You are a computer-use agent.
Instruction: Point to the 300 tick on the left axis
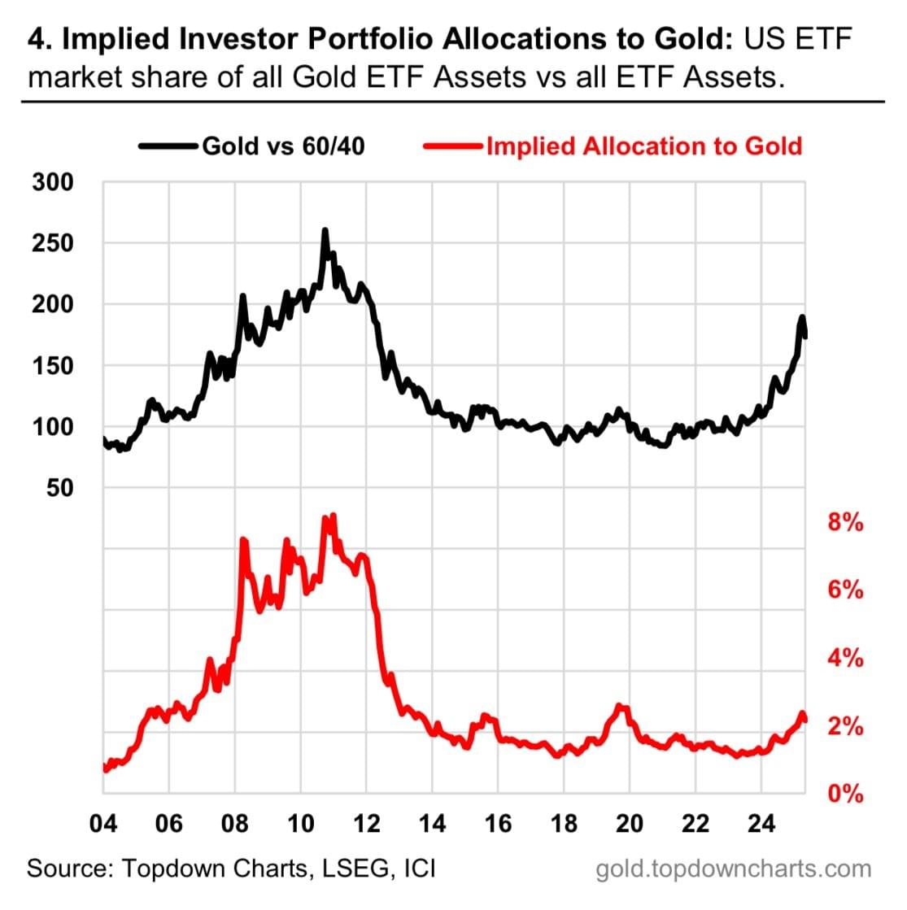pos(54,182)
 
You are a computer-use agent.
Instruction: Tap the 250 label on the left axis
pos(54,243)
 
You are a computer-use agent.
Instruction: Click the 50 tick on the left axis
pos(60,487)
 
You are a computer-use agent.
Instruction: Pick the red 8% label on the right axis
pos(845,522)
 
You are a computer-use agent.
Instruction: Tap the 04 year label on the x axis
pos(102,824)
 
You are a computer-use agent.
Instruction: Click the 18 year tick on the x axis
pos(564,824)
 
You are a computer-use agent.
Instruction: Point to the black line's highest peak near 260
pos(325,231)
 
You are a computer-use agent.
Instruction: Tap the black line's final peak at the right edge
pos(802,317)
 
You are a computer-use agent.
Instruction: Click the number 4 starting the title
pos(35,38)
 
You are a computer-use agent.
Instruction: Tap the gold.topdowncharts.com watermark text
pos(733,869)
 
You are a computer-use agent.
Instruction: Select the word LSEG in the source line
pos(351,869)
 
